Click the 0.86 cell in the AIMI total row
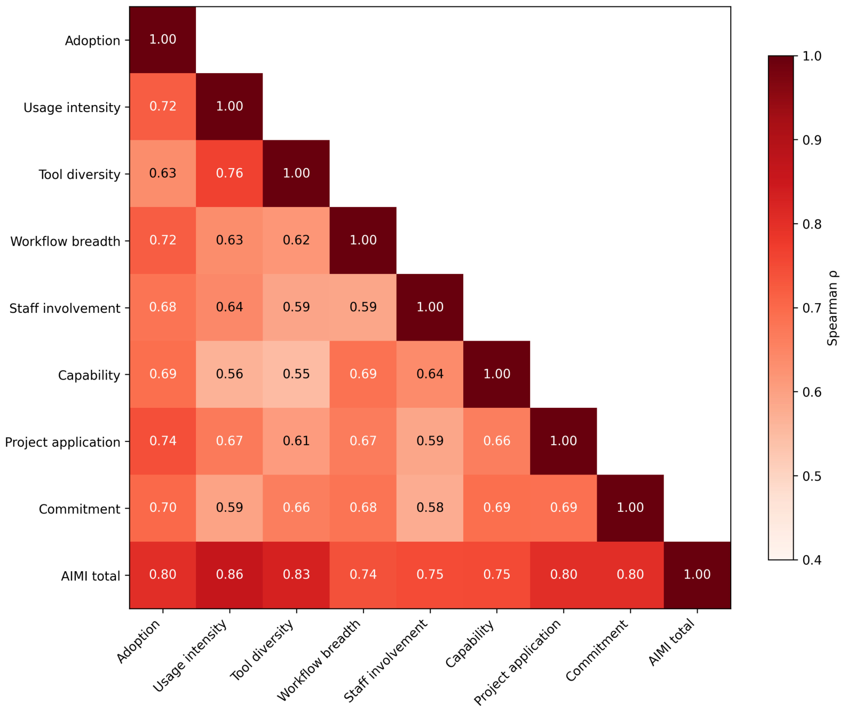(230, 575)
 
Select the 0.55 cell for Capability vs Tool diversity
(296, 374)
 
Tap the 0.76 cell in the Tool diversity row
(230, 173)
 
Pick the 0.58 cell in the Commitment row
(430, 508)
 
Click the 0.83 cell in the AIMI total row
(296, 575)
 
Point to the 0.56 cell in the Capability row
(230, 374)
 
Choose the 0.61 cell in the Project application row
(296, 441)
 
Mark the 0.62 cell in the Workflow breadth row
(296, 241)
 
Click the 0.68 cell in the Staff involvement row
(162, 307)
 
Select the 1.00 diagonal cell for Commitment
(630, 508)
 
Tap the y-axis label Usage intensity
(72, 108)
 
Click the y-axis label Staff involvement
(65, 309)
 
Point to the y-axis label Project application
(62, 442)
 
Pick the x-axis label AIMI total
(672, 643)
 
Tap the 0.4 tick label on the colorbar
(812, 560)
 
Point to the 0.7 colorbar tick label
(812, 309)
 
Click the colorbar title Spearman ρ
(832, 309)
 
